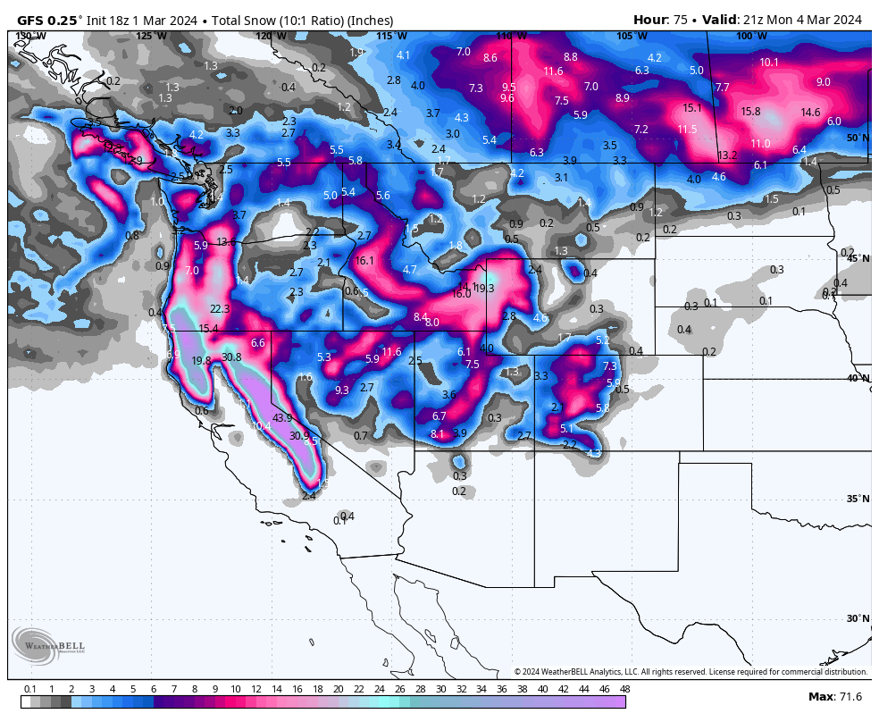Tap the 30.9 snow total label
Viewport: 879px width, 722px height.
coord(299,436)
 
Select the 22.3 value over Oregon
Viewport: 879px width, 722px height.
coord(220,309)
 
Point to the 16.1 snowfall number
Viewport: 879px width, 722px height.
coord(364,261)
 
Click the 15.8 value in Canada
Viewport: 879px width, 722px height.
coord(750,112)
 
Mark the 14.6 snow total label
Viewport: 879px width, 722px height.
coord(810,113)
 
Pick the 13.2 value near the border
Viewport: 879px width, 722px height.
coord(727,155)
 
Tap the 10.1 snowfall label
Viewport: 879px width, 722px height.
coord(769,63)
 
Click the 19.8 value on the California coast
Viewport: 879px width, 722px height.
coord(201,361)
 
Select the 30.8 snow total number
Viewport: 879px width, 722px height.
coord(231,357)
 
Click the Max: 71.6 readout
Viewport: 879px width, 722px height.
coord(834,697)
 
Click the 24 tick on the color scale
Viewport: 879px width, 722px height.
coord(380,689)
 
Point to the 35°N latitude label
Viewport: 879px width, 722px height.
coord(858,499)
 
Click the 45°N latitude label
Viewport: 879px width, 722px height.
coord(858,258)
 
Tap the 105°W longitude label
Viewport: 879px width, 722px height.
coord(631,36)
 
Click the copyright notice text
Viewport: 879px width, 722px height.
coord(691,672)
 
